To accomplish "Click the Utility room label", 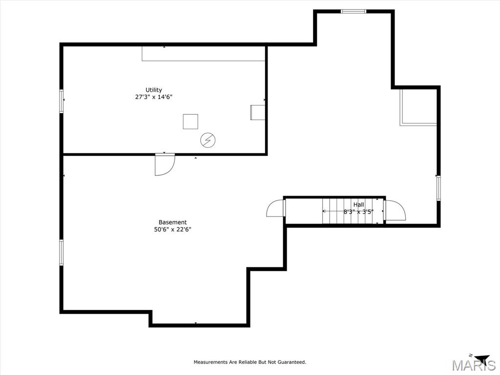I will click(154, 90).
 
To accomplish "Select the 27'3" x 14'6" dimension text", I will click(154, 97).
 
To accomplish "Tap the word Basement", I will click(172, 222).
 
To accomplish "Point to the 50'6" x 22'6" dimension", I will click(172, 229).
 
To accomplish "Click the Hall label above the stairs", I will click(359, 205).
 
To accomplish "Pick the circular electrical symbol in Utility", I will click(208, 141).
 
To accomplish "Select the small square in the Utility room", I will click(190, 122).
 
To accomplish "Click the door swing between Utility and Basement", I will click(164, 164).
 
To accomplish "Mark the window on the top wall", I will click(353, 11).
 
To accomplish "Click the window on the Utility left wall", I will click(62, 101).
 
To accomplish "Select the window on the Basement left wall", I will click(62, 252).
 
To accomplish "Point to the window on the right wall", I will click(438, 188).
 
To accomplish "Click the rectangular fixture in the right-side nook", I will click(418, 107).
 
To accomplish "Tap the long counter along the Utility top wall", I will click(203, 54).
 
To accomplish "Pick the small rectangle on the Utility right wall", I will click(258, 112).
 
